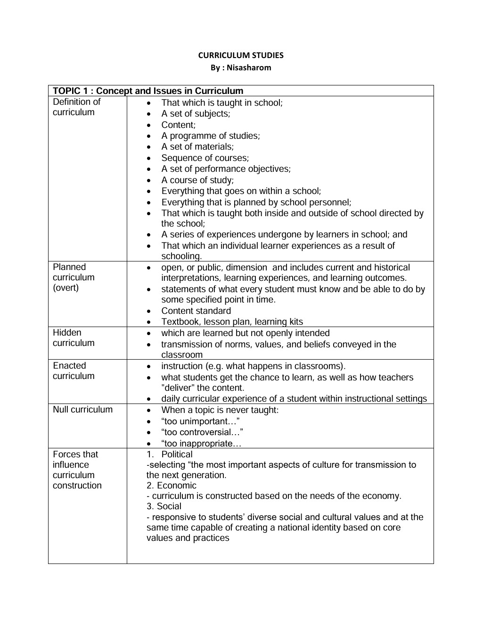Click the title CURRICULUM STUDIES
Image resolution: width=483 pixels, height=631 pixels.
(241, 55)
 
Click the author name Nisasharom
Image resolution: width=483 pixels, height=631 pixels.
(249, 67)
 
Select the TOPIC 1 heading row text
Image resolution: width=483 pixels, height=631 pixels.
(148, 91)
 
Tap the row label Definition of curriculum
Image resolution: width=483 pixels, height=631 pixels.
(77, 107)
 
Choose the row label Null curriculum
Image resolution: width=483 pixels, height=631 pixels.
(83, 410)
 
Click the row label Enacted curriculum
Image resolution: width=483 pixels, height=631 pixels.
(74, 371)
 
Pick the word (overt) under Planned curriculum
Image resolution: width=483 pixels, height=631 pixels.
(65, 288)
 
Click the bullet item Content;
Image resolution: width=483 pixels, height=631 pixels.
(178, 125)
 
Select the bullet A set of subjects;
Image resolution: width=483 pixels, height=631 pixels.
(196, 114)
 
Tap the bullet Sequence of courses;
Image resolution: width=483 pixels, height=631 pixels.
(205, 158)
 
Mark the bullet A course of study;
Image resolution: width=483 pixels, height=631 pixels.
(197, 180)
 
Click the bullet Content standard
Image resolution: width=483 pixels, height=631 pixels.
(196, 311)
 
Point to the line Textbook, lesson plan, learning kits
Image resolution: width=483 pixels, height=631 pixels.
(232, 322)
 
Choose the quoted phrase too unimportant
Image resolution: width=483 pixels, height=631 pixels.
(201, 421)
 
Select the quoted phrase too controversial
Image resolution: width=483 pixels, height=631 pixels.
(202, 432)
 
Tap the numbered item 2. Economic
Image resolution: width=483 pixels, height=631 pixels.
(172, 486)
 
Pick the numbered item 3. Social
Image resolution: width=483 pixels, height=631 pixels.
(164, 506)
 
